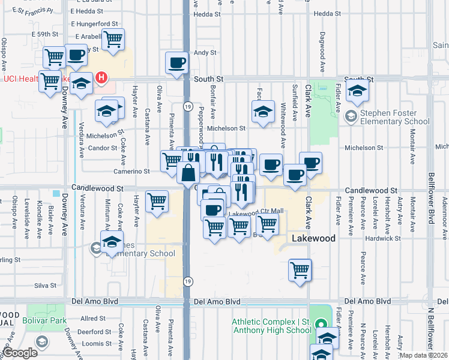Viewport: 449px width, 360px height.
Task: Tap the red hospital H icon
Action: click(102, 77)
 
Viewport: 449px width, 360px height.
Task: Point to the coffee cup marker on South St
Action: click(176, 63)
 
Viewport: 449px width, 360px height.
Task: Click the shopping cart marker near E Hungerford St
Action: click(112, 40)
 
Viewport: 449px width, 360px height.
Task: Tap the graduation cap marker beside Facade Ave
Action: click(263, 112)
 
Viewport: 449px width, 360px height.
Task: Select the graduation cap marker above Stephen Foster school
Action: click(357, 91)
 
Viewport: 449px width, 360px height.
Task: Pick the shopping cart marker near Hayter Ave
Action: click(157, 201)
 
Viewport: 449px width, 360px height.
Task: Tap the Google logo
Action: click(19, 353)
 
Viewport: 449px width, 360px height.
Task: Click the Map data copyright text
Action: click(424, 355)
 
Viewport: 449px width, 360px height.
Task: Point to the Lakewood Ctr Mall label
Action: click(256, 212)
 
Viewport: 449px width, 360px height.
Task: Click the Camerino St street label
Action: click(131, 171)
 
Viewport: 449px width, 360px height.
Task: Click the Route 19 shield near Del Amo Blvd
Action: click(188, 281)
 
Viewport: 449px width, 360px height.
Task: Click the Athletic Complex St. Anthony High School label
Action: click(272, 326)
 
